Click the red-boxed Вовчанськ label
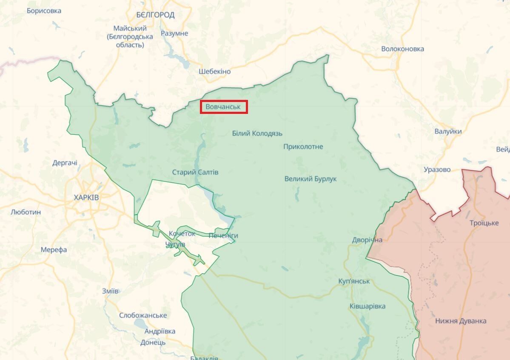tap(224, 107)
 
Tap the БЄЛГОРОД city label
tap(155, 15)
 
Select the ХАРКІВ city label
tap(86, 198)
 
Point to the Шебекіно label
tap(214, 71)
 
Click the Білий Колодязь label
tap(257, 133)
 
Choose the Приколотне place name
tap(303, 147)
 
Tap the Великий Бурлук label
tap(310, 179)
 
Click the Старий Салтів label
tap(195, 172)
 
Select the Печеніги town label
tap(223, 235)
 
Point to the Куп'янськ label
tap(354, 281)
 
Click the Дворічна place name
tap(367, 240)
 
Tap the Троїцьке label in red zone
tap(484, 223)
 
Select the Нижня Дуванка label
tap(461, 321)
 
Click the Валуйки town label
tap(448, 131)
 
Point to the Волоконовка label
tap(402, 49)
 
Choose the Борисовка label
tap(44, 11)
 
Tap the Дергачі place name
tap(65, 163)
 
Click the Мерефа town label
tap(54, 250)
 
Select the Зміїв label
tap(110, 291)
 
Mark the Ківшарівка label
tap(368, 306)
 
